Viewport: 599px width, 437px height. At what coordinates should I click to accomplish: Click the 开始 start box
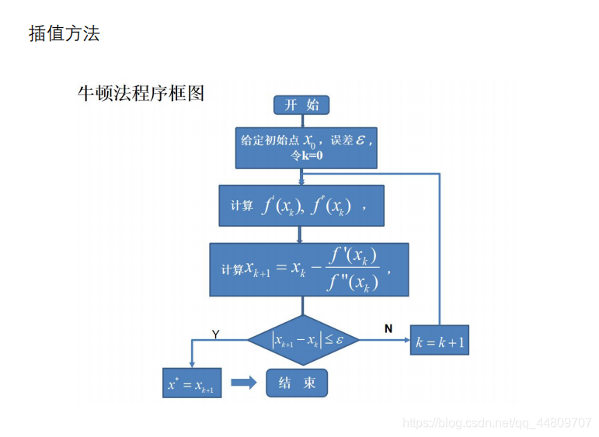pos(301,106)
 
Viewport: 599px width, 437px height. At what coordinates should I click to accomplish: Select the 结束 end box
pos(297,383)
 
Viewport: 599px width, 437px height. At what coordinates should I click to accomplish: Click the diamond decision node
pos(304,340)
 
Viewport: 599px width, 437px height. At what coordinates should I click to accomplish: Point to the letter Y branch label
pos(215,334)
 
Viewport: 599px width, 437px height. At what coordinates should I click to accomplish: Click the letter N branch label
pos(388,329)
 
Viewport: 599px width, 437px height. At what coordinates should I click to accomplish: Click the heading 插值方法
pos(64,33)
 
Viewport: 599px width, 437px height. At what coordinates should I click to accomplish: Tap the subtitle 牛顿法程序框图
pos(141,94)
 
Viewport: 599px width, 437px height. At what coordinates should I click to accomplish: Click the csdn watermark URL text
pos(497,423)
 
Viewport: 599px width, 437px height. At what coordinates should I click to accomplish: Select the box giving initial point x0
pos(306,147)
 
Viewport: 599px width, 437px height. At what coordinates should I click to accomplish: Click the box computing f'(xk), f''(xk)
pos(301,206)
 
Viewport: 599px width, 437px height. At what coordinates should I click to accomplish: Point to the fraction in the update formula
pos(353,269)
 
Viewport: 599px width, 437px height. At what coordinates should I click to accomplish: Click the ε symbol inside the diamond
pos(340,340)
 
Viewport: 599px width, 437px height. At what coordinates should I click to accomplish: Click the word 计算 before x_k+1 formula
pos(232,270)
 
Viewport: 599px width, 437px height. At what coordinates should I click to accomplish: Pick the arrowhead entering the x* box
pos(191,365)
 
